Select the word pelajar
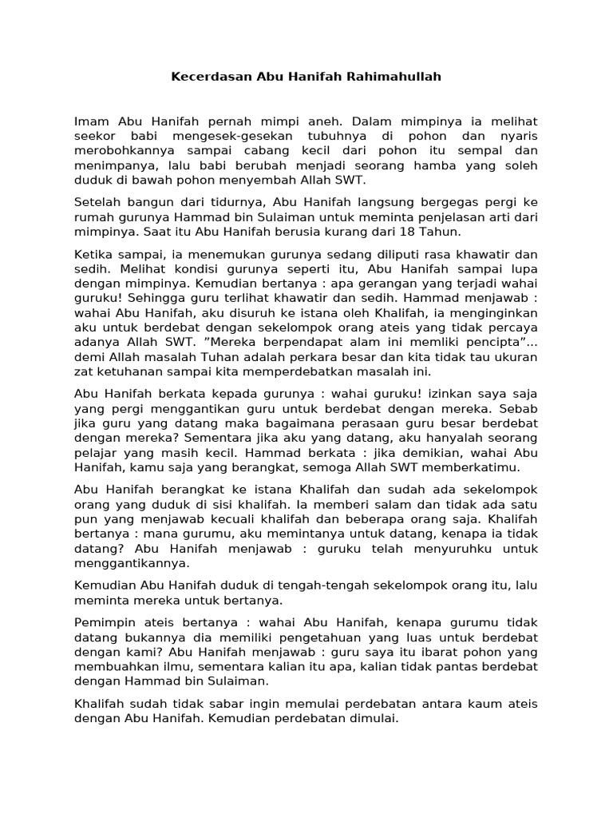tap(97, 451)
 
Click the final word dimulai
tap(371, 718)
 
